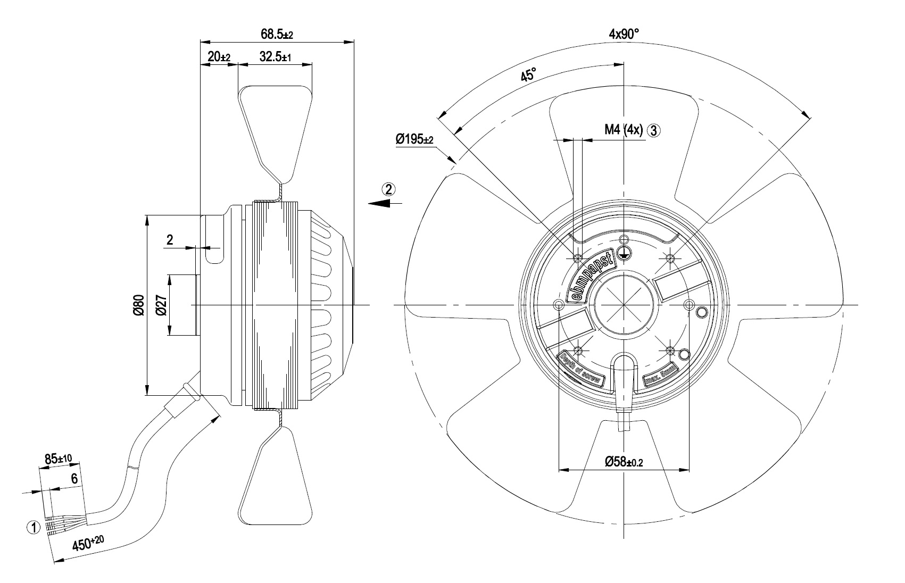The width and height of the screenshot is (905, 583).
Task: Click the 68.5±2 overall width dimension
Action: point(277,35)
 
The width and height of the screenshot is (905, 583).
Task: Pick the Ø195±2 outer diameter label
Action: point(414,139)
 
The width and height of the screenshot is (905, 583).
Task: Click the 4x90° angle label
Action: point(624,34)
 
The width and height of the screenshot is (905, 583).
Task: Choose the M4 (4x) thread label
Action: point(624,129)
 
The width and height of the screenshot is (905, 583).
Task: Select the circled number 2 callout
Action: point(388,188)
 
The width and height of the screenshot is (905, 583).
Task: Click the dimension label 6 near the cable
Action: point(74,479)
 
